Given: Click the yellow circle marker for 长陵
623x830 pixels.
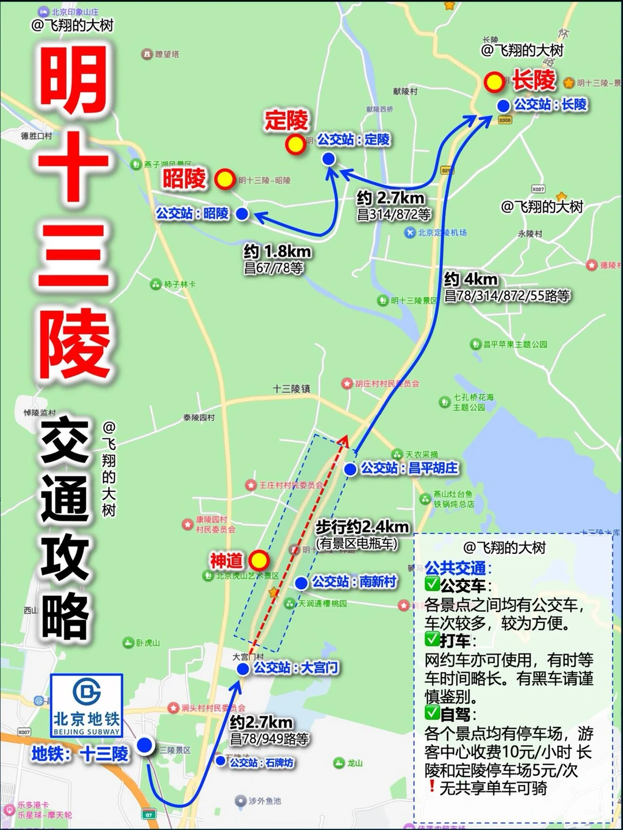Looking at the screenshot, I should click(494, 82).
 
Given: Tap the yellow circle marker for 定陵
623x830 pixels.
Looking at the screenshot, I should click(296, 145).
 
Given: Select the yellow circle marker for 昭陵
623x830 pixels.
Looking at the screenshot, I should click(225, 179).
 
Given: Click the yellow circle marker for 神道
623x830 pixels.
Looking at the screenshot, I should click(259, 559).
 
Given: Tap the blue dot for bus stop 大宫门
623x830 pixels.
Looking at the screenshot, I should click(243, 668).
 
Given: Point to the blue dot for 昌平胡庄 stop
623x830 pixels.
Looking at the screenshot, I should click(350, 469).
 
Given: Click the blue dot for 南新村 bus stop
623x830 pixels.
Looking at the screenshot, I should click(301, 583).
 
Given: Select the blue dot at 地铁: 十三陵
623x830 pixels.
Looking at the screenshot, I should click(145, 745).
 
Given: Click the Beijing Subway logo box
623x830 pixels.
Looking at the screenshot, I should click(87, 705).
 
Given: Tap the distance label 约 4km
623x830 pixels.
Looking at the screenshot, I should click(471, 280).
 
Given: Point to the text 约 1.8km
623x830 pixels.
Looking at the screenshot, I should click(277, 251).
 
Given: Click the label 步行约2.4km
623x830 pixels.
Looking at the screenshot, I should click(362, 527).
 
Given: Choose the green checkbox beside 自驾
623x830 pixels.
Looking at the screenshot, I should click(432, 713).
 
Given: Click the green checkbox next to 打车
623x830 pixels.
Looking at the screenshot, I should click(432, 639).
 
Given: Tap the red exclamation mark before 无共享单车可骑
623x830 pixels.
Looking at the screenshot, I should click(431, 786).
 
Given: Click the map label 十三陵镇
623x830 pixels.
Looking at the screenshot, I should click(291, 389).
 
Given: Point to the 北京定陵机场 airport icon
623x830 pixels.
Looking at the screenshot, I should click(410, 232).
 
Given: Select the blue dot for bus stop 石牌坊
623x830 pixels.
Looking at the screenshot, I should click(220, 761).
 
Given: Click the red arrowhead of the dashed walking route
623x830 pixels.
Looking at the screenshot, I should click(343, 441).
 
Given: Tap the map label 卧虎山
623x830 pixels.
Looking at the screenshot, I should click(148, 643).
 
